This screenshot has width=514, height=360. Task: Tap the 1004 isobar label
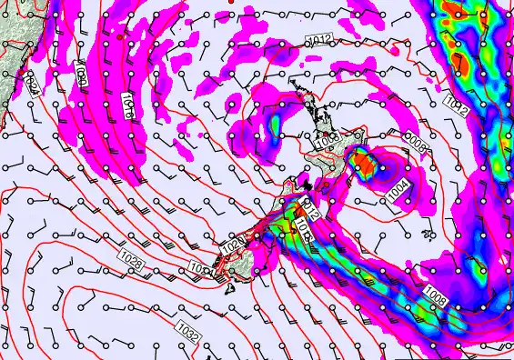click(398, 192)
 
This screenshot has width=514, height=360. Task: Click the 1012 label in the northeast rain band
click(458, 107)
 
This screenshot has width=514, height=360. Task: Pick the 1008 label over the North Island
click(327, 141)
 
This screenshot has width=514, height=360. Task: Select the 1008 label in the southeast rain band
click(435, 296)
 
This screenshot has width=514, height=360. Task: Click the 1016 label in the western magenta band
click(127, 106)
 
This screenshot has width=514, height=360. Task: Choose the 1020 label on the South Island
click(231, 245)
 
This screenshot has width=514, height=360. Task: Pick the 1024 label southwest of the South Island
click(200, 269)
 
